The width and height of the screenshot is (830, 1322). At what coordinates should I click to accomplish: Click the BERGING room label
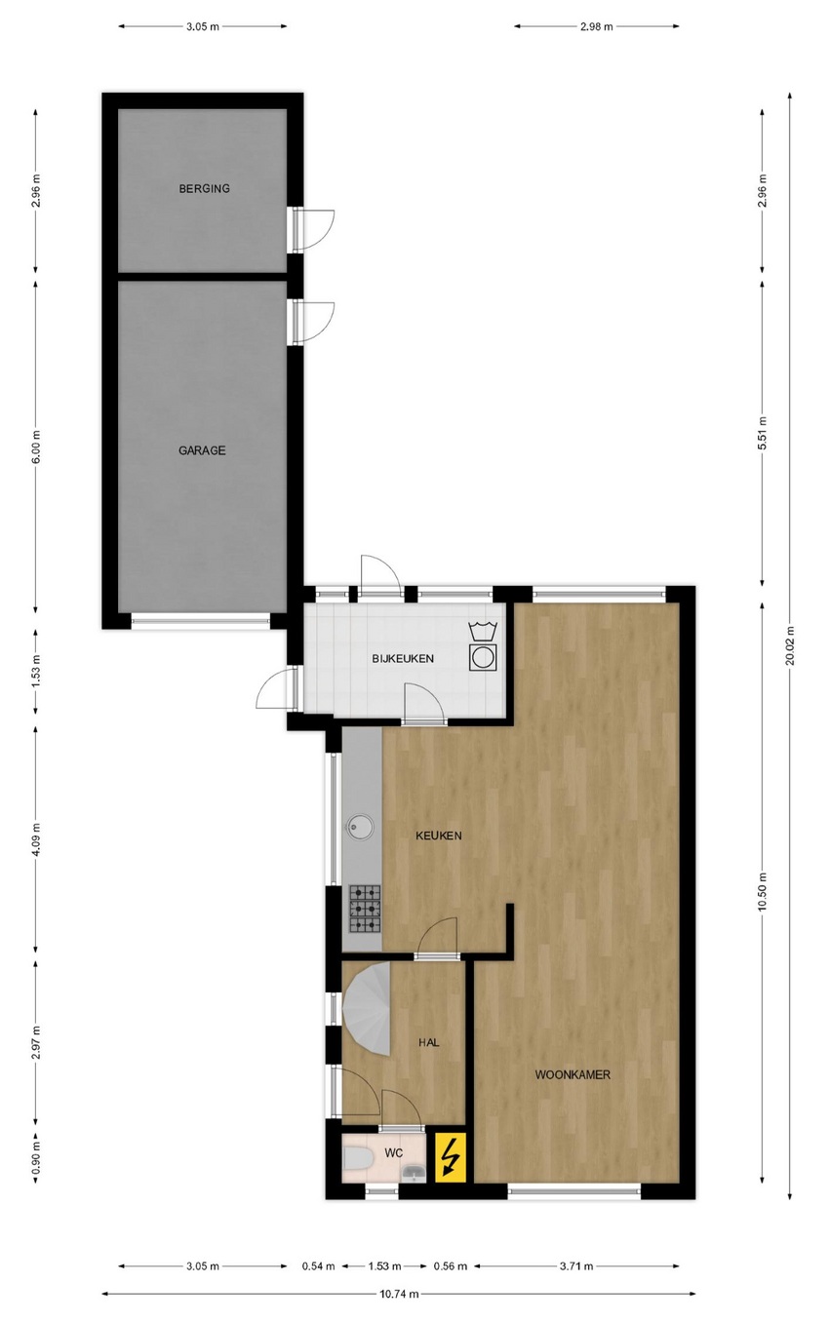(x=204, y=189)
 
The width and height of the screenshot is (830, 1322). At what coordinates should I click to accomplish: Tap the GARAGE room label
(x=202, y=450)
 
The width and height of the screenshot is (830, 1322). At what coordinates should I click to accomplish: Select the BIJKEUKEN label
(x=403, y=659)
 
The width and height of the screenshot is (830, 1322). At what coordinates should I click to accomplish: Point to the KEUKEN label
(x=439, y=836)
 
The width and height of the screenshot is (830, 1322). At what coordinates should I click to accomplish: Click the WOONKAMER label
(x=573, y=1074)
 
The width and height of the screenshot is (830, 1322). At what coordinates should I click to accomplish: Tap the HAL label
(x=428, y=1043)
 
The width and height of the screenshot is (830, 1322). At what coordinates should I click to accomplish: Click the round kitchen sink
(x=360, y=827)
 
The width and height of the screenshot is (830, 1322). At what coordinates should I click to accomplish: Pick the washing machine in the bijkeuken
(x=483, y=657)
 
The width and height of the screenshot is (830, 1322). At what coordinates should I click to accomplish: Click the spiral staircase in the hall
(x=367, y=1009)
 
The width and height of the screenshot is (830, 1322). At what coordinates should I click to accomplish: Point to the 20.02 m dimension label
(x=790, y=645)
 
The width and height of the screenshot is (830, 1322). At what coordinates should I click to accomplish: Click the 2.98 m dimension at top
(x=595, y=26)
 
